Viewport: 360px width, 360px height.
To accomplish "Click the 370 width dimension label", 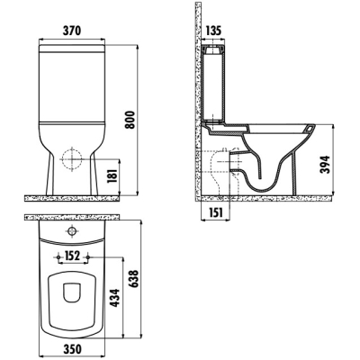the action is [x=72, y=31].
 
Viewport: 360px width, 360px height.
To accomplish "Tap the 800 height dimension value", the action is [x=130, y=120].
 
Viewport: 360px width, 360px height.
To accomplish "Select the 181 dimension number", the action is [x=112, y=176].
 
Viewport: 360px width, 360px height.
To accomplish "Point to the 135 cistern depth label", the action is [x=212, y=31].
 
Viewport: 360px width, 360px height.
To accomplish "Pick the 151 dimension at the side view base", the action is [x=215, y=212].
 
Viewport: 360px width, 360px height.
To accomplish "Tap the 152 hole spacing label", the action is [x=72, y=256].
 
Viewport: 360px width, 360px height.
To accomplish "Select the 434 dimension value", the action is [x=115, y=298].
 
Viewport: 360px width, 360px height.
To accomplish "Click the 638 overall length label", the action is [x=134, y=279].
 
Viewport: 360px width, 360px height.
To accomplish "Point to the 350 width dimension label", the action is [x=72, y=349].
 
